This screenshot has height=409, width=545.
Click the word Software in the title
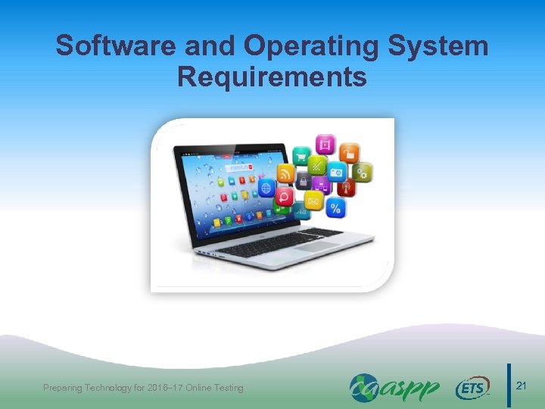(107, 46)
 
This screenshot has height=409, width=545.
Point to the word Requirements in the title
(272, 76)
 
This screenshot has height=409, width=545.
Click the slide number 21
(521, 386)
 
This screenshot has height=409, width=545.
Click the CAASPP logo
(394, 388)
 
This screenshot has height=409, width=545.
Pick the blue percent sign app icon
(335, 208)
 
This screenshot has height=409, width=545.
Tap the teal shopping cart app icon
(302, 158)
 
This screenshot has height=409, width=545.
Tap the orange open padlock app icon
(348, 152)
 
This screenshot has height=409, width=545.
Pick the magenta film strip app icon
(325, 144)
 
